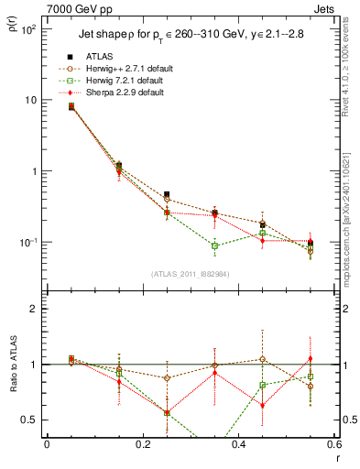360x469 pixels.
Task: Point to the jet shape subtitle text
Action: [183, 36]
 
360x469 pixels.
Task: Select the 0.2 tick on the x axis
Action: [142, 445]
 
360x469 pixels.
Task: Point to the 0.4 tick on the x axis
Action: [238, 445]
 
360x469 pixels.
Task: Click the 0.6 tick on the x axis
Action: [333, 445]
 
